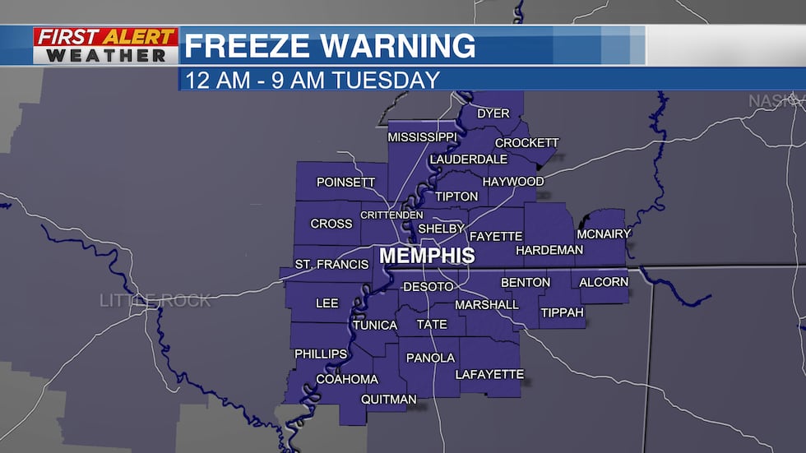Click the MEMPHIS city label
(427, 256)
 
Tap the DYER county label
(493, 113)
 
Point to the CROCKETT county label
(526, 142)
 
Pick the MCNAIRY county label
(604, 234)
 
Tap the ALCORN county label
(604, 282)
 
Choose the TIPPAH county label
(562, 313)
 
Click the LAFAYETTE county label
(489, 374)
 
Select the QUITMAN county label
(389, 400)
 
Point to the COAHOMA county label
(347, 379)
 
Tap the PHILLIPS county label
(321, 354)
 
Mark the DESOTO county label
(428, 286)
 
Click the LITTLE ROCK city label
(155, 300)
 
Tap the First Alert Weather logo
(105, 46)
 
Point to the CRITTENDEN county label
(391, 215)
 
